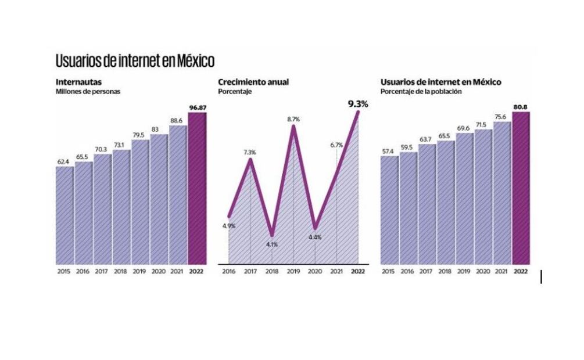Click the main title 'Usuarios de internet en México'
tap(135, 60)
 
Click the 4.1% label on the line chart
tap(271, 244)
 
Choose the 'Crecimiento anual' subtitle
tap(253, 82)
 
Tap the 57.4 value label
tap(389, 151)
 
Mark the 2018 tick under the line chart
tap(271, 271)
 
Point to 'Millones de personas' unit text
tap(88, 92)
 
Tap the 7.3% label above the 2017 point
tap(250, 152)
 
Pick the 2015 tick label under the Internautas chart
tap(64, 271)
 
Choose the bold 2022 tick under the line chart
tap(358, 271)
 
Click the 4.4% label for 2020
tap(315, 237)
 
